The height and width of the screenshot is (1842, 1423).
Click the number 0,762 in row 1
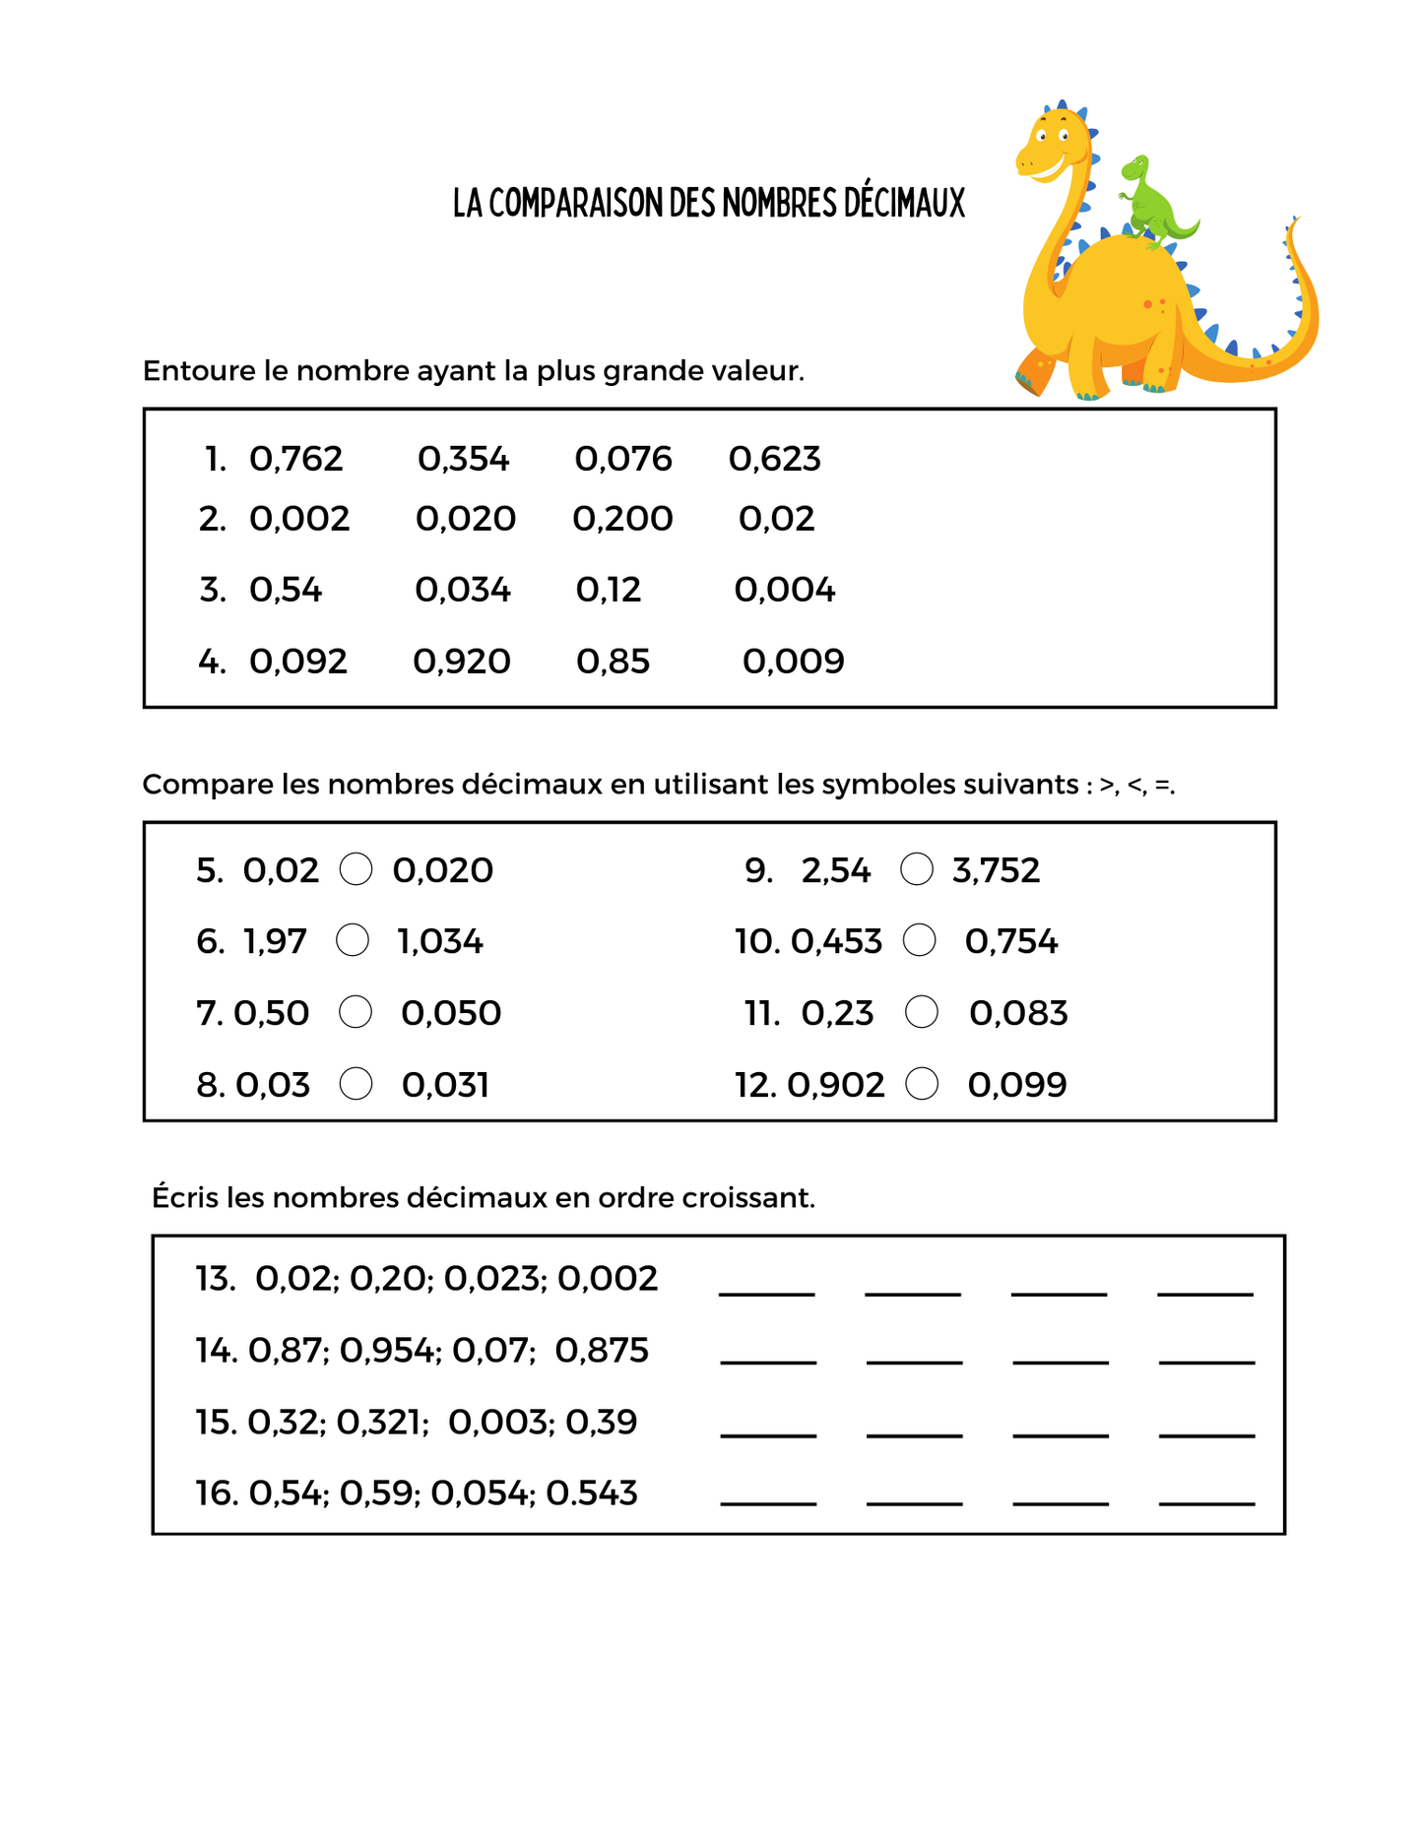click(x=295, y=459)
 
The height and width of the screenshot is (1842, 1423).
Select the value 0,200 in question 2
click(x=622, y=519)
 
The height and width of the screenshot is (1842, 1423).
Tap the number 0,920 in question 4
click(x=461, y=662)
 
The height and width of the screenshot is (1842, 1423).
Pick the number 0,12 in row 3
click(x=608, y=590)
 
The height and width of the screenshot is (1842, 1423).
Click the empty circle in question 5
click(x=356, y=869)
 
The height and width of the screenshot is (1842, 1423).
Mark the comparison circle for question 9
click(x=917, y=869)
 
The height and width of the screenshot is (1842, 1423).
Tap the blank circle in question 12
click(x=922, y=1084)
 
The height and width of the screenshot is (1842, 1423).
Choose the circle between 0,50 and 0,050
click(x=356, y=1012)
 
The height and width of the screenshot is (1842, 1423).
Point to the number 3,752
click(x=996, y=870)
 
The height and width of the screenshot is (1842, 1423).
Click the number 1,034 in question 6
click(x=440, y=942)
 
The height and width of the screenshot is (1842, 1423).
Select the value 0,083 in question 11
click(x=1018, y=1013)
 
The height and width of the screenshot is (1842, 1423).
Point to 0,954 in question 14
click(x=388, y=1351)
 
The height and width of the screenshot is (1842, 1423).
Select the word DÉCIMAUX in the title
click(x=905, y=203)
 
